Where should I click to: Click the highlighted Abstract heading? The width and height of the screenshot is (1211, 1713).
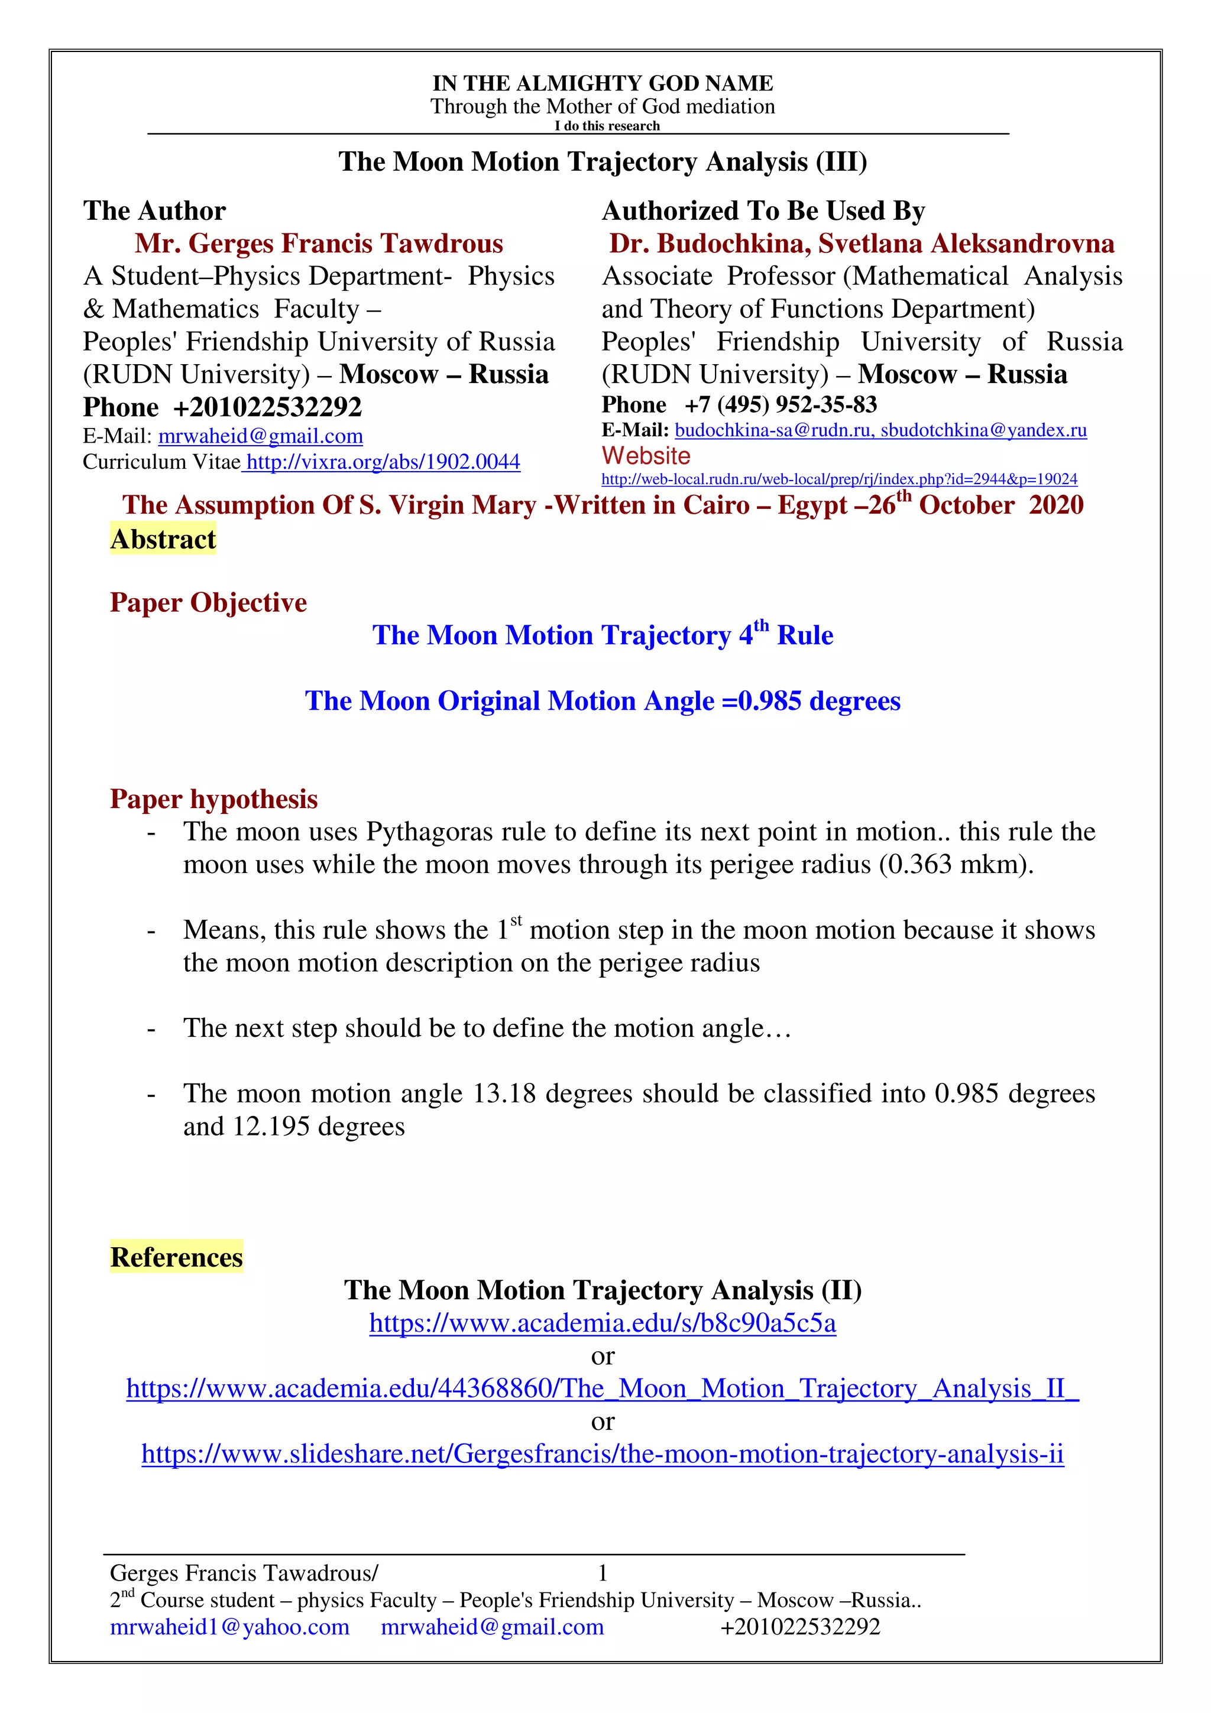[163, 540]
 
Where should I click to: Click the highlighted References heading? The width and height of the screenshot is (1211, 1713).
[176, 1257]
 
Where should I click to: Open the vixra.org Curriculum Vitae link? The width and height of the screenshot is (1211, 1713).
[382, 463]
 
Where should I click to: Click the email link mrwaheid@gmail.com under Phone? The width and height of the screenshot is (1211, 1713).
[260, 436]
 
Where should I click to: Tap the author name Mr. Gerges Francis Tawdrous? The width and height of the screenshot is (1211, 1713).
[319, 244]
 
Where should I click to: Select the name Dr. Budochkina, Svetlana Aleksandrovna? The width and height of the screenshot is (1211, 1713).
[861, 244]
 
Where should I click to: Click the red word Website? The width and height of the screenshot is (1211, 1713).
[646, 456]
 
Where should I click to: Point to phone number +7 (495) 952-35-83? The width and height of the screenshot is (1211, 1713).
[781, 405]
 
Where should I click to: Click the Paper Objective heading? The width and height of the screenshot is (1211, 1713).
[208, 603]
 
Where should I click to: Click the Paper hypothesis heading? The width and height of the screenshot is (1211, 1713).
[213, 799]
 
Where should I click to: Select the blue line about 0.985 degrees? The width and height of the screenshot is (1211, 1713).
[602, 701]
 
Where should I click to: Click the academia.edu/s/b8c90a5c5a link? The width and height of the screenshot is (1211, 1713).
[602, 1323]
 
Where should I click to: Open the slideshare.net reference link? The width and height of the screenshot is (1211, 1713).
[602, 1454]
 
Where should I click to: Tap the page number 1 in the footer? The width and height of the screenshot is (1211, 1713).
[602, 1573]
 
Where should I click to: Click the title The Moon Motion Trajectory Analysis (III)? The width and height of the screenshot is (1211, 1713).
[602, 162]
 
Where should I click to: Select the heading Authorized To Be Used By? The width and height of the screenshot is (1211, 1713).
[763, 211]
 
